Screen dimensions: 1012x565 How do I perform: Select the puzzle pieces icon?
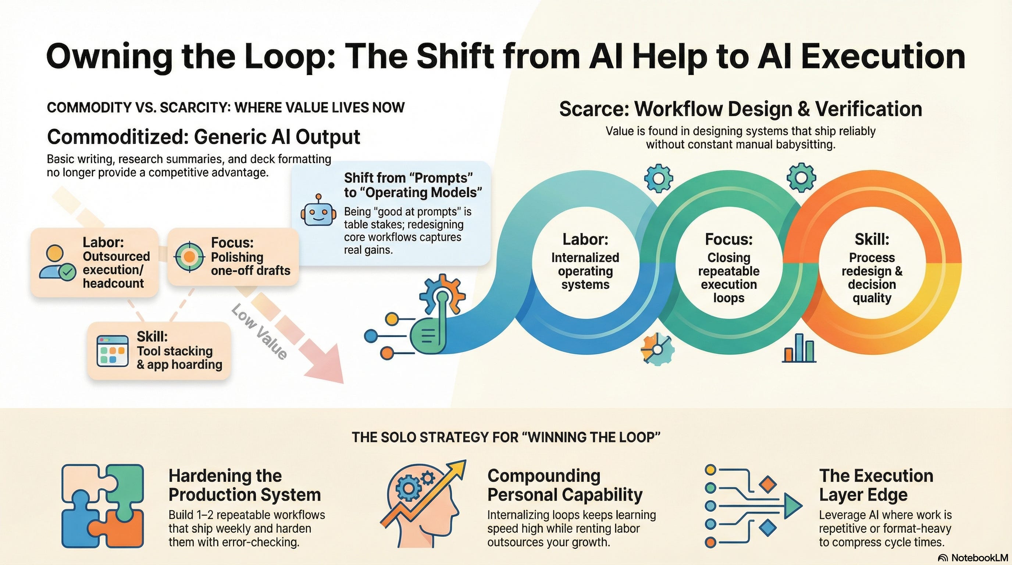coord(103,506)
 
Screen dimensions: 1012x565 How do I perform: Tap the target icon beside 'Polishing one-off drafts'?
coord(189,257)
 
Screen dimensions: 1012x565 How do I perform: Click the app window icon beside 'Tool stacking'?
coord(113,351)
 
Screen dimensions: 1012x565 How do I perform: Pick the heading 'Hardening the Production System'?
coord(244,485)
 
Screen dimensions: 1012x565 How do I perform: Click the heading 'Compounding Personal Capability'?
coord(564,485)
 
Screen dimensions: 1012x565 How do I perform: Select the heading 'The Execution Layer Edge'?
coord(876,485)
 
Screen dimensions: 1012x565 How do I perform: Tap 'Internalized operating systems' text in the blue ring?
coord(585,271)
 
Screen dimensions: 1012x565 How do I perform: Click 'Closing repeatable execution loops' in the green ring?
coord(728,277)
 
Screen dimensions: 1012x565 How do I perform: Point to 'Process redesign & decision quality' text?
coord(872,277)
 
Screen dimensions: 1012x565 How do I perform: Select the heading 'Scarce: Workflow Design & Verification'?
coord(741,109)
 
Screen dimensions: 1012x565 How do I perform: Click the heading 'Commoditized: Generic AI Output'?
coord(203,137)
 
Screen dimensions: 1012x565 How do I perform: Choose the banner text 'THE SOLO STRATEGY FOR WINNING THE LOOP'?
coord(506,437)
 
